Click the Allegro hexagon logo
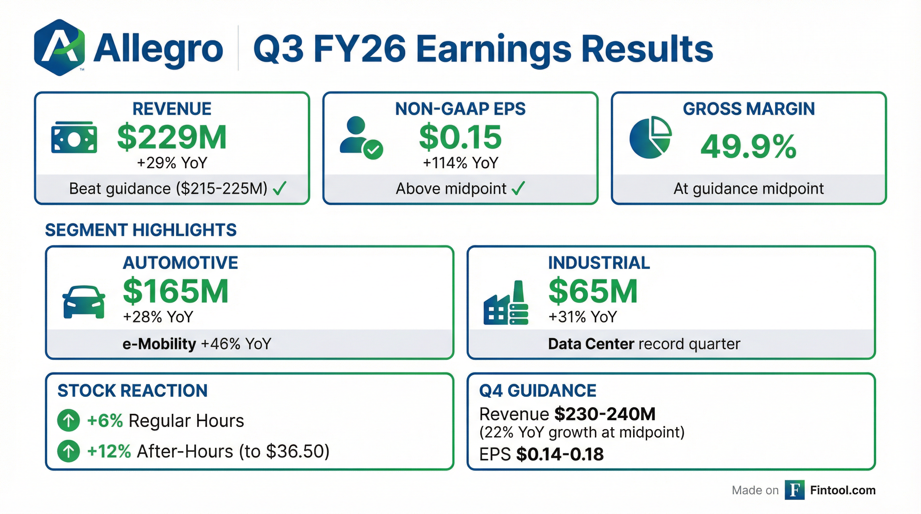click(59, 48)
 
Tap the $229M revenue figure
click(172, 138)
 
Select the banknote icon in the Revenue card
click(74, 138)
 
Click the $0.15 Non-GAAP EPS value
click(460, 138)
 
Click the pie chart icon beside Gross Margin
click(650, 137)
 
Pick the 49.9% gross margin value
click(748, 147)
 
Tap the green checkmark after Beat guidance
click(279, 188)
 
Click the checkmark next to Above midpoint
click(518, 188)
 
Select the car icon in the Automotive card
click(84, 302)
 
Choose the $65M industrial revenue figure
click(593, 292)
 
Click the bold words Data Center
click(591, 344)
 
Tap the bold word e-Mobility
click(159, 344)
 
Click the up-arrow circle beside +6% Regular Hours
click(68, 420)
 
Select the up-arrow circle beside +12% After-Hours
click(68, 451)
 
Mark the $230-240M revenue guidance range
click(605, 414)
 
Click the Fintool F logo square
click(794, 490)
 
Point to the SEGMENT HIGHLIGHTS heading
click(141, 230)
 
